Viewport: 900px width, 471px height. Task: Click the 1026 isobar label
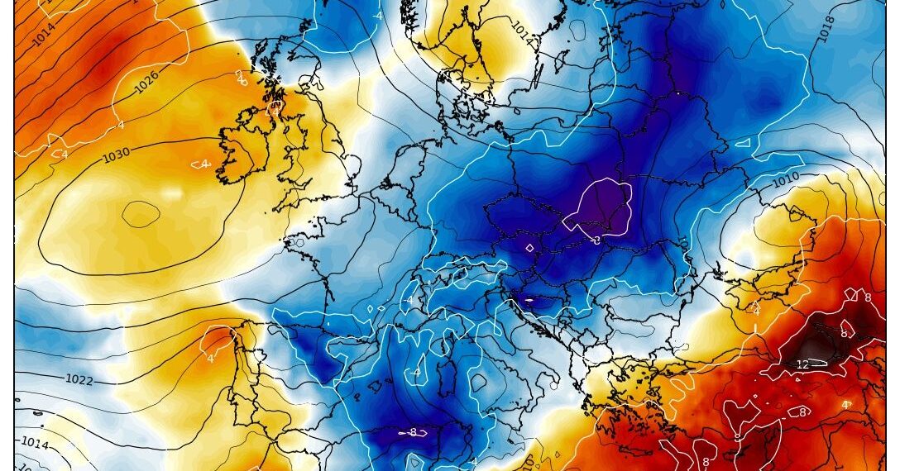coord(147,83)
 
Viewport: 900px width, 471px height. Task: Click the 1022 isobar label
coord(79,379)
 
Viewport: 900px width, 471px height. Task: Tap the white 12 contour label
coord(802,364)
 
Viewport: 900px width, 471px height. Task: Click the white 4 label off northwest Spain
coord(209,358)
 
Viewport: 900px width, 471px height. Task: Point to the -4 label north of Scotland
coord(377,16)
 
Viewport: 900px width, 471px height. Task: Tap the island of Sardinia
coord(435,383)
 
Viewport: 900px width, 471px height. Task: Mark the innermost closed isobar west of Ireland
coord(141,214)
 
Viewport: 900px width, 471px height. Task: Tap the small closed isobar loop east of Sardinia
coord(479,381)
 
